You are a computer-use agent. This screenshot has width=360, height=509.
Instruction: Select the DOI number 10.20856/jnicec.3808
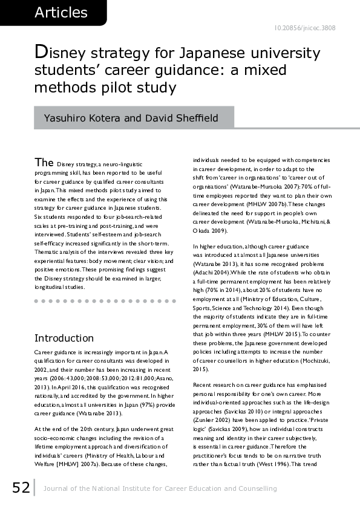[x=306, y=28]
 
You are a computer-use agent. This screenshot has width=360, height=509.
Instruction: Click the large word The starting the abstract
[x=44, y=163]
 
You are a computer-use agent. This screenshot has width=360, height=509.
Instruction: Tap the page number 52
[x=20, y=487]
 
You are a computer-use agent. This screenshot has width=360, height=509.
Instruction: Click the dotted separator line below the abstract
[x=101, y=300]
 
